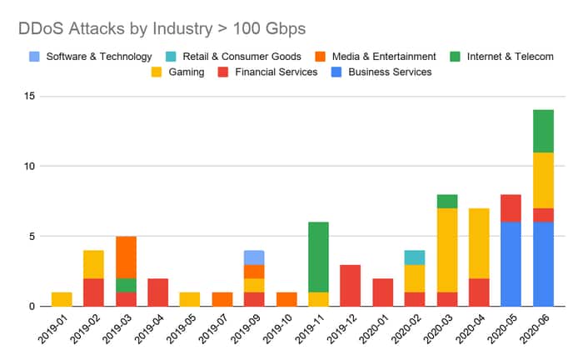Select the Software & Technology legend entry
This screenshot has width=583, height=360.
(x=98, y=57)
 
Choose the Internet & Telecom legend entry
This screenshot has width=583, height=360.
(x=511, y=57)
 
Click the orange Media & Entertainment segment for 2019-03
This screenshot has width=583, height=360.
(x=126, y=257)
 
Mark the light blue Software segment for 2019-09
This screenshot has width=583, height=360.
(x=255, y=257)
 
